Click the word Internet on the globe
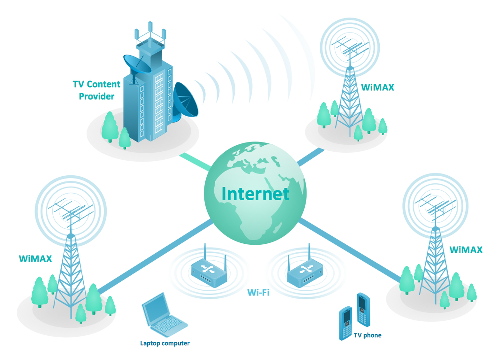pos(255,194)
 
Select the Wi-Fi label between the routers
pos(258,292)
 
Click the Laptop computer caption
pos(165,343)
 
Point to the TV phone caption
pos(367,335)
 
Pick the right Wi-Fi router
pos(305,272)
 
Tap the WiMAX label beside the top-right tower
pos(378,87)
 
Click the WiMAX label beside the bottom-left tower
pos(35,259)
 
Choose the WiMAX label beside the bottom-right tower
pos(466,249)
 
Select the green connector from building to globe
pos(195,161)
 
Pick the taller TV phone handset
pos(363,310)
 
